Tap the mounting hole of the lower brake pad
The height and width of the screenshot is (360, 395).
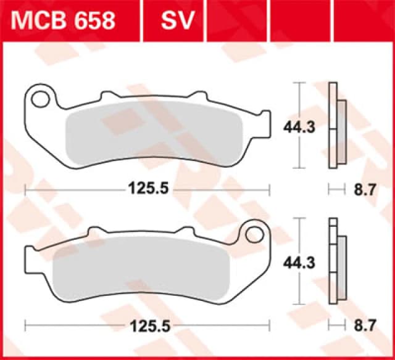point(253,234)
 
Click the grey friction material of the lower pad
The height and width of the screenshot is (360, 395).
point(142,268)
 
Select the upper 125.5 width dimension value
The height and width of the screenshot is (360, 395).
point(148,189)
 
